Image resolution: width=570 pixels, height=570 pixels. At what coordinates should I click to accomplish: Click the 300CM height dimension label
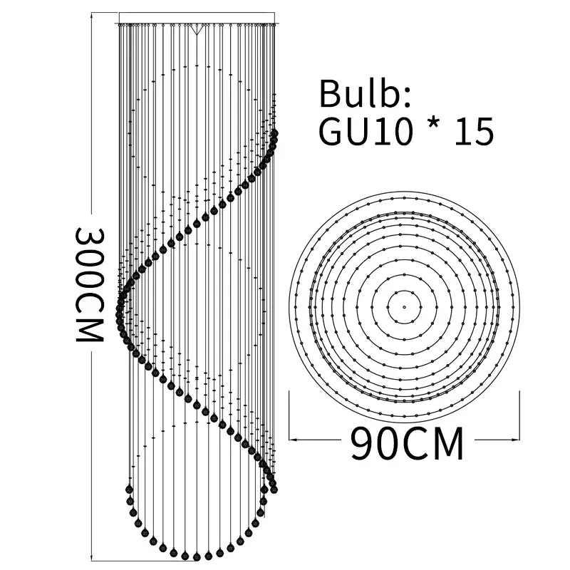click(x=90, y=285)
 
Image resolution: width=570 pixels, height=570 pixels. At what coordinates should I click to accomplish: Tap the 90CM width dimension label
click(x=407, y=444)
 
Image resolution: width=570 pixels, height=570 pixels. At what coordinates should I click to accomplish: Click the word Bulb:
click(x=365, y=94)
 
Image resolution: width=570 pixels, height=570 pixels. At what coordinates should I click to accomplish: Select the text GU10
click(x=366, y=131)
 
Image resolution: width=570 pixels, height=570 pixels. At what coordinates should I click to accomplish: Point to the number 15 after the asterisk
click(x=475, y=131)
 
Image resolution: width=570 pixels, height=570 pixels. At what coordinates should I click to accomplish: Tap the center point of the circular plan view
click(x=404, y=307)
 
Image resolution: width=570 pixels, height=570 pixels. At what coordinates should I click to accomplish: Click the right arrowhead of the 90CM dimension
click(x=515, y=440)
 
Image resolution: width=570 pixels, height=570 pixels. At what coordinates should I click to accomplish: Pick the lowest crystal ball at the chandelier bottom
click(x=197, y=556)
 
